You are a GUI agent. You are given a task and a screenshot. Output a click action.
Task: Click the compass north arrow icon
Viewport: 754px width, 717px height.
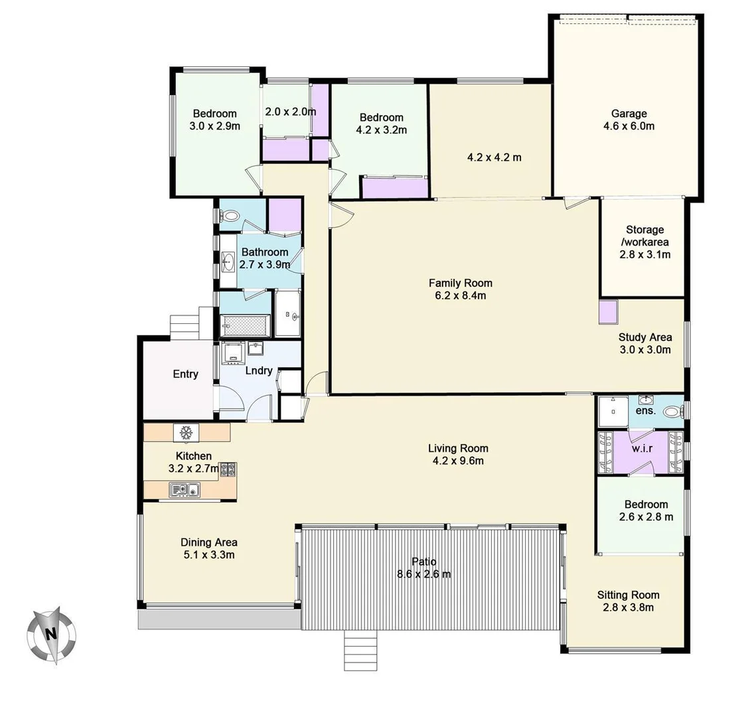click(x=50, y=634)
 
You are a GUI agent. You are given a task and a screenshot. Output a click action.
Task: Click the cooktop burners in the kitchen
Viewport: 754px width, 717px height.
click(x=228, y=470)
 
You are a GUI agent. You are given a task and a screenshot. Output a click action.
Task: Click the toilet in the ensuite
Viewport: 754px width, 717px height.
click(x=672, y=412)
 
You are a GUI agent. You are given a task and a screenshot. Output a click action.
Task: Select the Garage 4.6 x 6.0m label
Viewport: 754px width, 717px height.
click(x=629, y=119)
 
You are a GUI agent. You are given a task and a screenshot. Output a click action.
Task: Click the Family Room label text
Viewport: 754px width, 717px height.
click(x=460, y=283)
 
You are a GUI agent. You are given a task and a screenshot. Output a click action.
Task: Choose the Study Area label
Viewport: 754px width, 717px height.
click(x=644, y=337)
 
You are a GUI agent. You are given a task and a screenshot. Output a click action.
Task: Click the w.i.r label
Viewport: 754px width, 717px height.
click(x=642, y=447)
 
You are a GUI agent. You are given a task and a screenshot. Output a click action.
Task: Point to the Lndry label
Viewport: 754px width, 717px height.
click(x=258, y=370)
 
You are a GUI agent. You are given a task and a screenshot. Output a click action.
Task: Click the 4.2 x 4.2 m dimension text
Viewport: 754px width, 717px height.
click(x=494, y=157)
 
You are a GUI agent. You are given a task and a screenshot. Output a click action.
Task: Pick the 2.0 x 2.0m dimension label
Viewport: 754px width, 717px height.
click(x=290, y=112)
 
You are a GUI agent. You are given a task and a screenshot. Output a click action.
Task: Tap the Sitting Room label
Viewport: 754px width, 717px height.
click(x=628, y=595)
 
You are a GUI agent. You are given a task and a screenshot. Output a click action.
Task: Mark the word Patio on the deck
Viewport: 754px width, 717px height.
click(x=423, y=562)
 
